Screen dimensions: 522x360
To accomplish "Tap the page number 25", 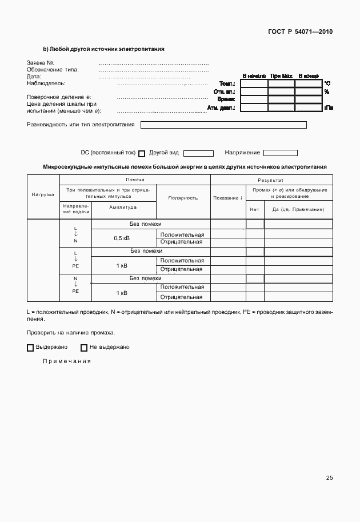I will click(329, 478).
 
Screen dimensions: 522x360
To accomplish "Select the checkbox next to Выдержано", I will click(30, 348).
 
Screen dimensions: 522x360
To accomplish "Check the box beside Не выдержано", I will click(83, 348).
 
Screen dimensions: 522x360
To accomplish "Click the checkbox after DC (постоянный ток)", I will click(142, 153).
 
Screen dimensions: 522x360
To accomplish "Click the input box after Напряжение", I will click(280, 153).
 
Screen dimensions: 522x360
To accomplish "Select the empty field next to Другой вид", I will click(198, 153).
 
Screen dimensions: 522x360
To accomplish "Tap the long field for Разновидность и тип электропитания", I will click(223, 125).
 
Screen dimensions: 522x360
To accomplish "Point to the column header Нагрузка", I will click(43, 194).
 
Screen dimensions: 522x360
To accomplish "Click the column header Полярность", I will click(183, 198).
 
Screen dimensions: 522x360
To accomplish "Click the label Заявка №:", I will click(40, 62).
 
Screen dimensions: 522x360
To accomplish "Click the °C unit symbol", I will click(327, 83).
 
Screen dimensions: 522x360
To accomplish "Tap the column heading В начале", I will click(254, 75).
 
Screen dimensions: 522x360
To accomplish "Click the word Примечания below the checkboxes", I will click(67, 361).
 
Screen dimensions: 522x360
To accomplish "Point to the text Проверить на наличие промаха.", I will click(70, 332).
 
